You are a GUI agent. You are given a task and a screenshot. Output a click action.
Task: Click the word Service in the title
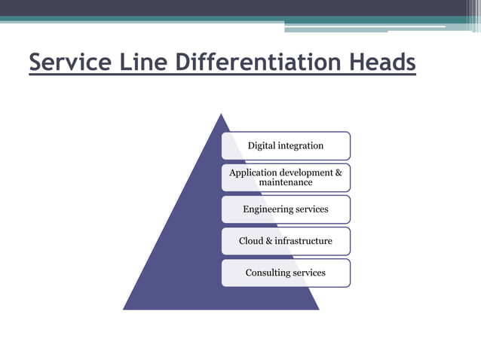(x=70, y=62)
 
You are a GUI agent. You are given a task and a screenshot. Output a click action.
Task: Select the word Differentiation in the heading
(x=259, y=62)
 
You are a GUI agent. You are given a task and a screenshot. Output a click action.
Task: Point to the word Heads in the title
(x=382, y=62)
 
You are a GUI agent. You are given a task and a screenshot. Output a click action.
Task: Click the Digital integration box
(x=286, y=146)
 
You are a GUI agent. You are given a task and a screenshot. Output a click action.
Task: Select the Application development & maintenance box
(x=286, y=178)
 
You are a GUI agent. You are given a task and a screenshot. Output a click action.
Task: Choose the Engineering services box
(x=286, y=209)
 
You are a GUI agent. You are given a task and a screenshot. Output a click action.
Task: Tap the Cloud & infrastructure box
(x=286, y=241)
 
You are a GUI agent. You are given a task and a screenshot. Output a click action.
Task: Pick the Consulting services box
(x=286, y=273)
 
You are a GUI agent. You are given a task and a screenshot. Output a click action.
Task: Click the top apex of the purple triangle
(x=221, y=114)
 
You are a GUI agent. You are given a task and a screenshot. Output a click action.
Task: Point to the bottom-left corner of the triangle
(x=124, y=310)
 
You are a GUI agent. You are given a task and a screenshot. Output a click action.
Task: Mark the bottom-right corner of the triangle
(x=319, y=310)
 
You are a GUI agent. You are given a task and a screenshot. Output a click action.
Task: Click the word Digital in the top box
(x=259, y=146)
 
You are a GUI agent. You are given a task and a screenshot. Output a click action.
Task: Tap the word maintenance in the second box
(x=286, y=182)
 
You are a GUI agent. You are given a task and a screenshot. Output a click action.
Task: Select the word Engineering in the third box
(x=265, y=209)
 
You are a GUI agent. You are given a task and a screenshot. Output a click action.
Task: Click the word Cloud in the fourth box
(x=251, y=241)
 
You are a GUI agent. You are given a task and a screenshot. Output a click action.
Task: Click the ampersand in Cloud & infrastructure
(x=269, y=241)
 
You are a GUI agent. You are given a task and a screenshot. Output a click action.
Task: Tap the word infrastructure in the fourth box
(x=303, y=241)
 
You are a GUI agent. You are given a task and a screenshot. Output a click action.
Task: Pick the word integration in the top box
(x=299, y=146)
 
